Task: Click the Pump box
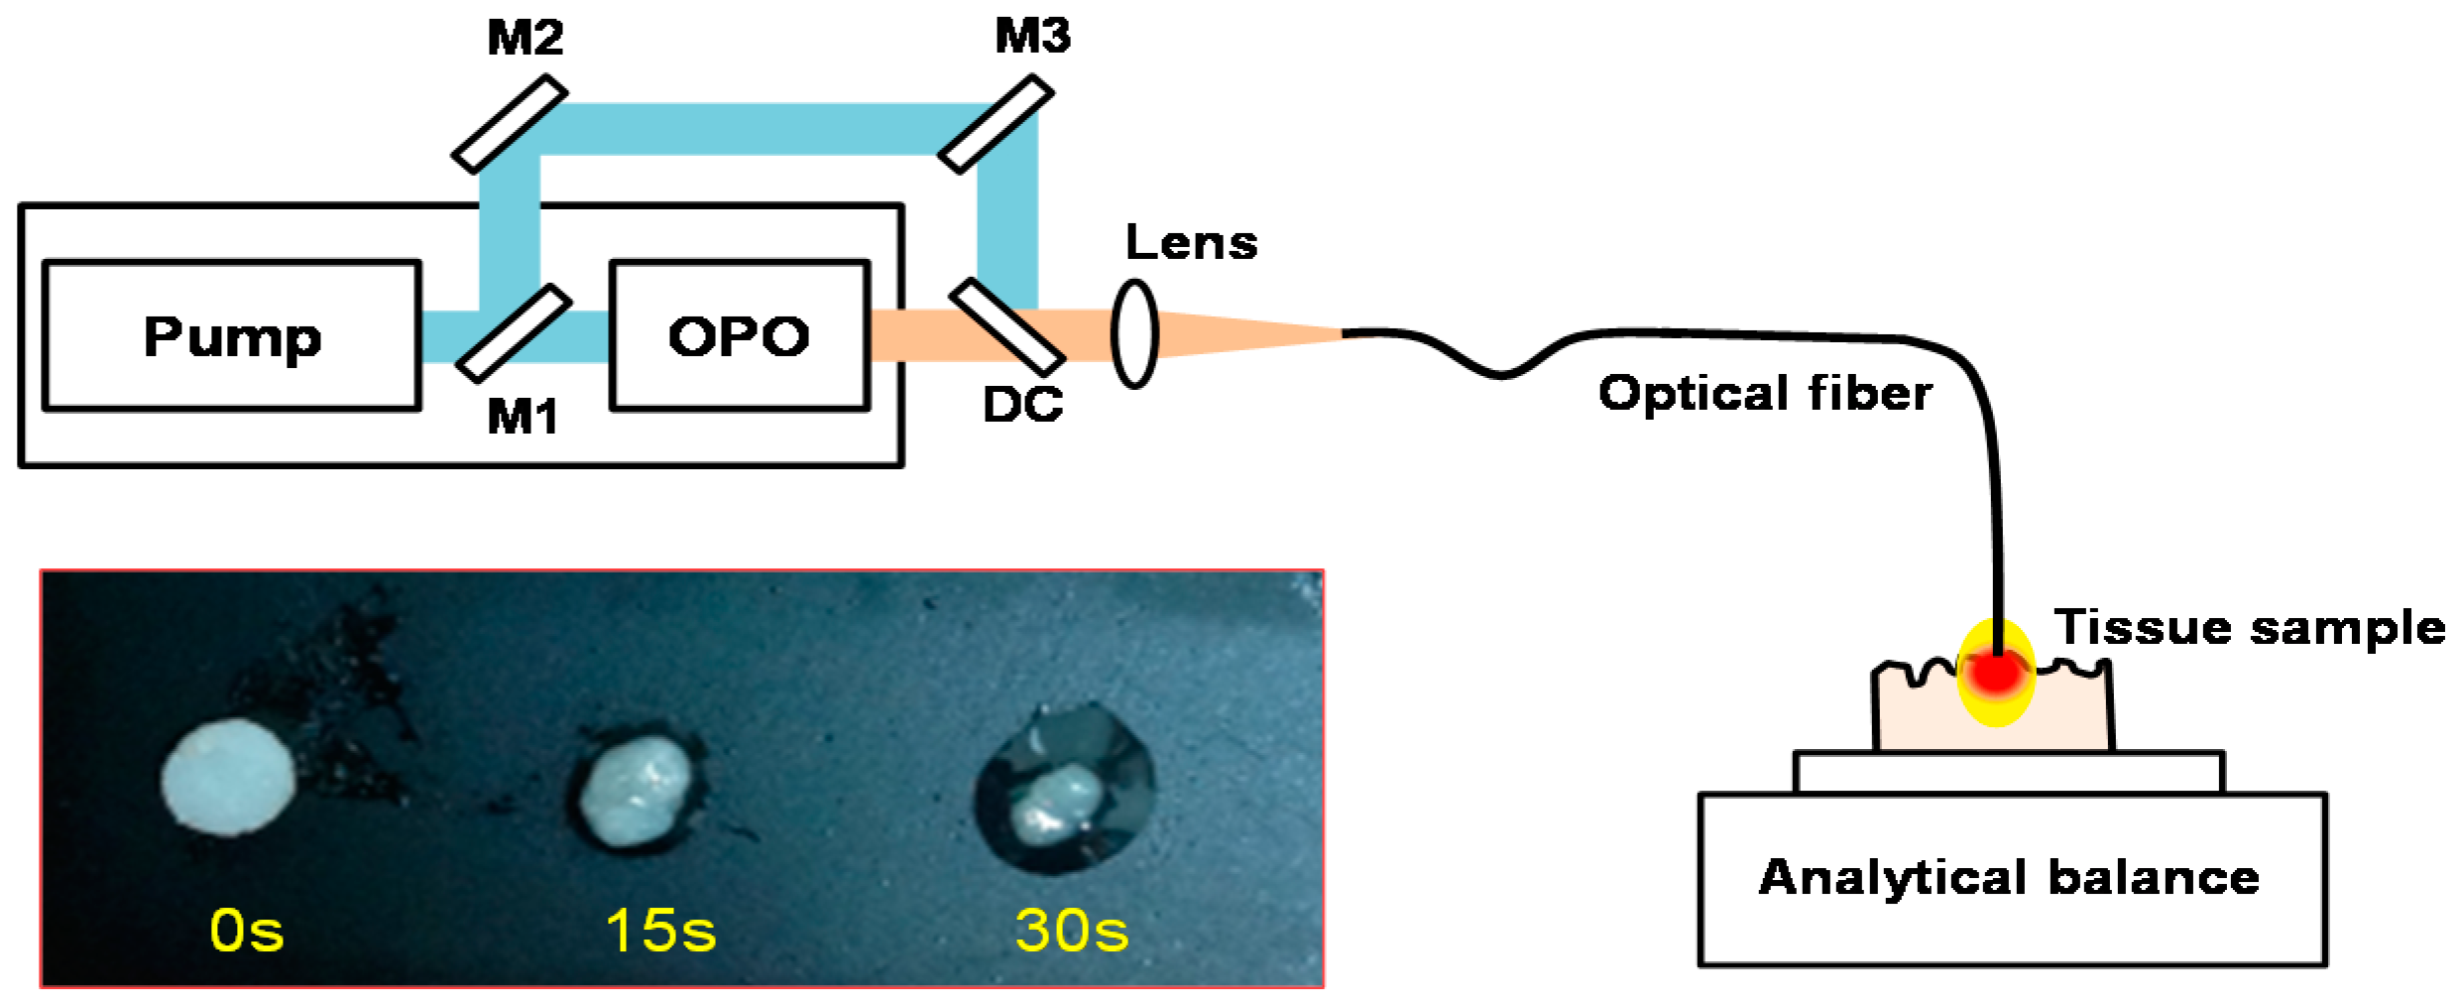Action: click(x=232, y=335)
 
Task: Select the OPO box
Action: click(x=740, y=335)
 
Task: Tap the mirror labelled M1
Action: click(x=514, y=333)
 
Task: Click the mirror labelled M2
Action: click(x=510, y=124)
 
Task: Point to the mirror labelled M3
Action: click(x=996, y=124)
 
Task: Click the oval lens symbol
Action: click(x=1134, y=333)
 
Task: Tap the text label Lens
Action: click(x=1191, y=243)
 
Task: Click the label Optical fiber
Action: click(x=1765, y=393)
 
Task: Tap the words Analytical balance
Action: click(x=2009, y=878)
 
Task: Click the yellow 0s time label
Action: click(x=247, y=931)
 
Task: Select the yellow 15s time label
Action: click(x=660, y=931)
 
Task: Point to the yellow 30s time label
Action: click(x=1072, y=931)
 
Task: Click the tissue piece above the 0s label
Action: click(x=228, y=777)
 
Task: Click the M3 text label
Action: click(x=1032, y=37)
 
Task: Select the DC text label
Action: click(x=1022, y=405)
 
